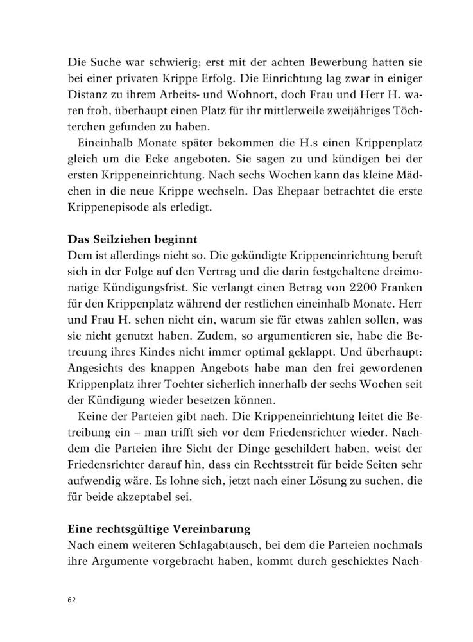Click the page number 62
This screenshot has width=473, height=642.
(71, 600)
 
